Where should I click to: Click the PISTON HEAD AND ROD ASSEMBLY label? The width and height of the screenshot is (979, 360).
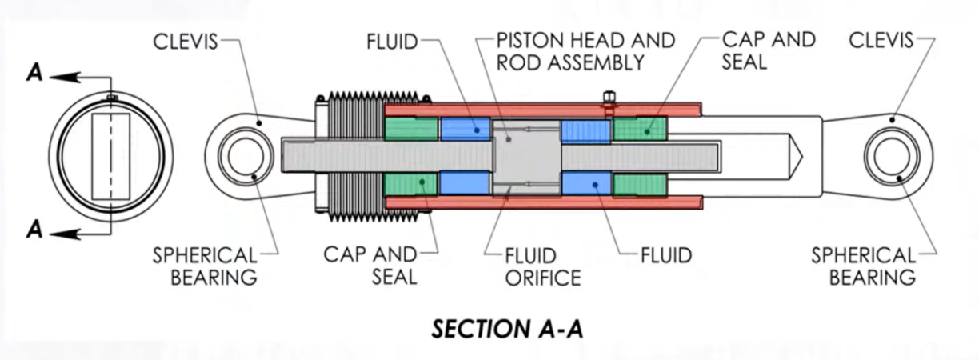click(585, 51)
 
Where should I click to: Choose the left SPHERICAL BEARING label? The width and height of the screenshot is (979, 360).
click(206, 266)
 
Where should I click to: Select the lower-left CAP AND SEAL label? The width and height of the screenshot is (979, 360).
click(370, 266)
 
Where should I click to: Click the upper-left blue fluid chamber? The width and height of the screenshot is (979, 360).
click(466, 128)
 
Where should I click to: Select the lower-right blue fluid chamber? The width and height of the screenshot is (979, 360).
click(586, 183)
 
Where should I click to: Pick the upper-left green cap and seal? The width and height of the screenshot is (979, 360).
click(411, 128)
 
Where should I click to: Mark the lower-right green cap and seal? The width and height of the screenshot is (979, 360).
click(640, 184)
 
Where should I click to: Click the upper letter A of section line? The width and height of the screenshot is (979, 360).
click(34, 73)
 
